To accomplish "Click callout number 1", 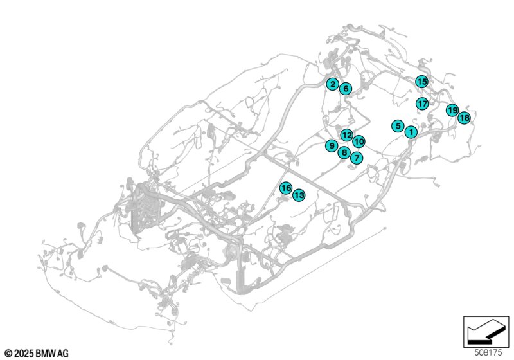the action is [411, 132].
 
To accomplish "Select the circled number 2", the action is [333, 84].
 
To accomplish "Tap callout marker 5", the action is [398, 126].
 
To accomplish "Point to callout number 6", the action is [346, 89].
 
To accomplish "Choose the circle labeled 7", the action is [357, 158].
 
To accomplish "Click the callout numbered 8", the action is [344, 152].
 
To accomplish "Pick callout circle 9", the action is [332, 145].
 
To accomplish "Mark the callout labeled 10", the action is [359, 141].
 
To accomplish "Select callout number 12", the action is [347, 135].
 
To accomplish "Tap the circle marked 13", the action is [299, 195].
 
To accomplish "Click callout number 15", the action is [421, 82].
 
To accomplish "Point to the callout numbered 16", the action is [286, 188].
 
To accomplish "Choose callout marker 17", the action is [423, 104].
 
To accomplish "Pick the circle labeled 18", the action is [464, 118].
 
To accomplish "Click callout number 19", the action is [452, 110].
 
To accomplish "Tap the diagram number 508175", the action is [488, 353].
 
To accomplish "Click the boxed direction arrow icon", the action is [486, 332].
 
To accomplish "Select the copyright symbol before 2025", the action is [9, 354].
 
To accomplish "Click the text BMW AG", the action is [52, 354].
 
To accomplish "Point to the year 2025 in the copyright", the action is [24, 354].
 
